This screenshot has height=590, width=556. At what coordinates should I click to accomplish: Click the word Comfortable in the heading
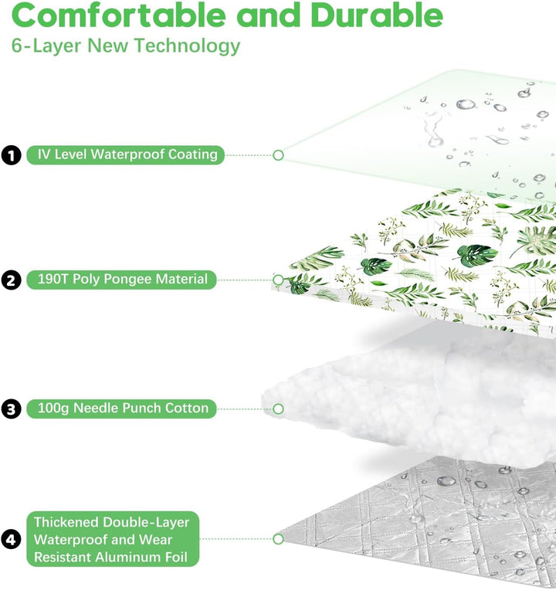point(118,15)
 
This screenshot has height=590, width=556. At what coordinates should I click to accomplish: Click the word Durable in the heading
point(377,15)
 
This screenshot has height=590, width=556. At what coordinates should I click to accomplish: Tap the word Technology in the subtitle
point(188,46)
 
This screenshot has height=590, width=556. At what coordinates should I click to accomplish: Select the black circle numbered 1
point(12,155)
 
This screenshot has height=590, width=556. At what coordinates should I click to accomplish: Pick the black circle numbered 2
point(12,280)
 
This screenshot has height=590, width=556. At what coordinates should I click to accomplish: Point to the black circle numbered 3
point(12,409)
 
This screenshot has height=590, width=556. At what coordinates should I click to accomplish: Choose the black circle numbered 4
point(12,539)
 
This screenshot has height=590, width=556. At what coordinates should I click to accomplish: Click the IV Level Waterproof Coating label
point(126,154)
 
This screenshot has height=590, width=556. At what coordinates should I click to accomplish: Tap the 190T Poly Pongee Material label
point(121,280)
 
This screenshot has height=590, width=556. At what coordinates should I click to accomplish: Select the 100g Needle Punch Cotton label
point(121,409)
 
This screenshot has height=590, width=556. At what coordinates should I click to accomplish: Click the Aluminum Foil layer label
point(113,539)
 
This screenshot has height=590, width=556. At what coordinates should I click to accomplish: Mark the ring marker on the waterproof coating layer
point(278,155)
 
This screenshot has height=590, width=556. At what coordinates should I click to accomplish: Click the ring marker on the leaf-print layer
point(278,280)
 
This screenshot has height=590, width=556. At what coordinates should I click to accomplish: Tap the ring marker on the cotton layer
point(278,409)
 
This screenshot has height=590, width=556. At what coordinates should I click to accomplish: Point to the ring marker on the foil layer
point(278,539)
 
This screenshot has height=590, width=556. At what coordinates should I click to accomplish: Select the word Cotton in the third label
point(187,409)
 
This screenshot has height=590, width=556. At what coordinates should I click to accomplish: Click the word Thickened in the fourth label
point(66,522)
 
